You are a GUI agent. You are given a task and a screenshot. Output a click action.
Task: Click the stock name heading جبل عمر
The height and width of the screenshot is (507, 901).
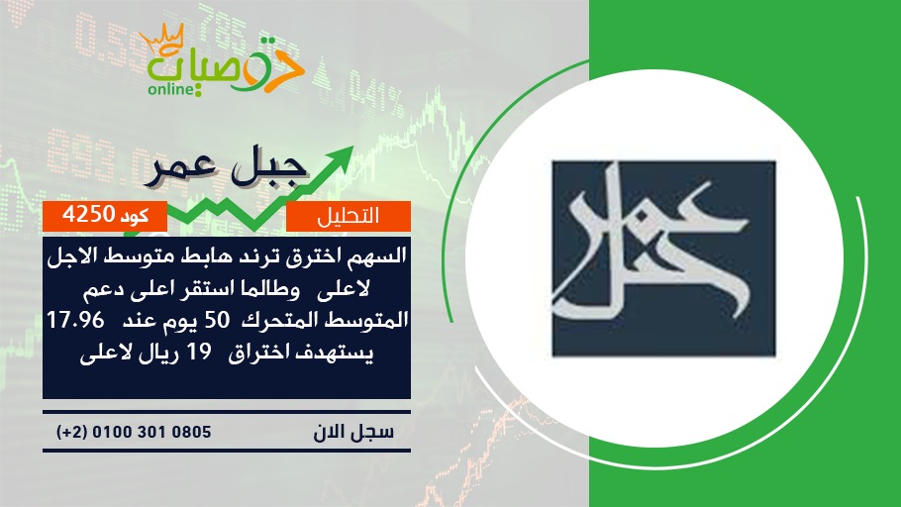point(227,169)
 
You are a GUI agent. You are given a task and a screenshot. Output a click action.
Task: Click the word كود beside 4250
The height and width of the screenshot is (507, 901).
point(135,216)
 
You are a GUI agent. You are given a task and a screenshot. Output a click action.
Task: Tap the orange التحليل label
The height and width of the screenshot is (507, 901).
point(349,216)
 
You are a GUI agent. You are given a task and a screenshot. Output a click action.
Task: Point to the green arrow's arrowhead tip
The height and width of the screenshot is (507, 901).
point(352,147)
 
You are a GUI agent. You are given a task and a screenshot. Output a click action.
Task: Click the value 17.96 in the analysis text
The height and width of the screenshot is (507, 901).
point(76,320)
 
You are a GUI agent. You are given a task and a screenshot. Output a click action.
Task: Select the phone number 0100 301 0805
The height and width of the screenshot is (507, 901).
point(151,432)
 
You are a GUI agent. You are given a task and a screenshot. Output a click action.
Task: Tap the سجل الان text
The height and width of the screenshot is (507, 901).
point(353,432)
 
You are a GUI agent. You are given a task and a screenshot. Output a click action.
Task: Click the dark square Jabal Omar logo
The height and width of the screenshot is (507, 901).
point(663,258)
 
